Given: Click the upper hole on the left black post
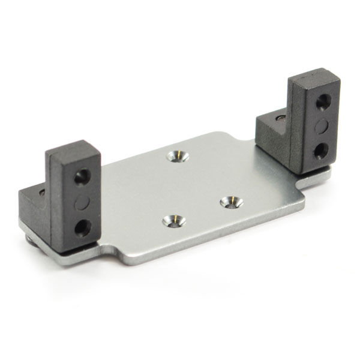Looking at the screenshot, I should (82, 176).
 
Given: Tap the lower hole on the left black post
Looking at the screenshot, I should (82, 227).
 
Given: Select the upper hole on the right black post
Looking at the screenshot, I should (322, 102).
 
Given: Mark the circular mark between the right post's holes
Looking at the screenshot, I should (322, 126).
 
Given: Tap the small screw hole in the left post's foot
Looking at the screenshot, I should (41, 193).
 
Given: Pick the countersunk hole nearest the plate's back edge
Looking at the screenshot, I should (178, 156).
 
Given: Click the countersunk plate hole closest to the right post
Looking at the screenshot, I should (231, 202).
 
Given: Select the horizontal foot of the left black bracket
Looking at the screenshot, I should (34, 207).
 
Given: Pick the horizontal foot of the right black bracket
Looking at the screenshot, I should (273, 135).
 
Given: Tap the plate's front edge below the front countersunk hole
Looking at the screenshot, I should (180, 252).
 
